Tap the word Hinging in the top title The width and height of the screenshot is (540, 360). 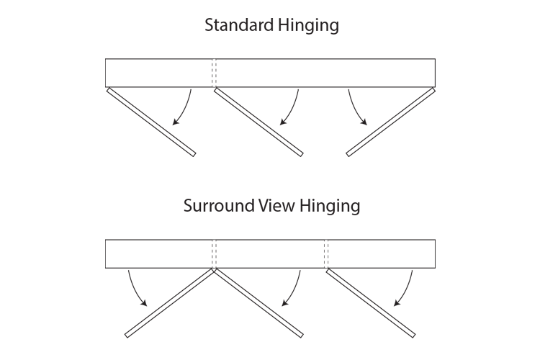(x=309, y=26)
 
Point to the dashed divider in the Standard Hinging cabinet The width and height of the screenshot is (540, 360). (x=214, y=73)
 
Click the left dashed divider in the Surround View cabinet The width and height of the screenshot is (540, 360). (x=214, y=254)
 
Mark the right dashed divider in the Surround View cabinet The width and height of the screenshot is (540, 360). (x=326, y=254)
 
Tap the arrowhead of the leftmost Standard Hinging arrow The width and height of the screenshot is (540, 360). (x=175, y=122)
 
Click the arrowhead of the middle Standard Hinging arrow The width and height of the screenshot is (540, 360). (x=283, y=122)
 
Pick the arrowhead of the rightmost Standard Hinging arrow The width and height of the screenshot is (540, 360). (x=364, y=122)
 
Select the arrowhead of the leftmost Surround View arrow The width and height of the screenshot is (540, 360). (x=143, y=303)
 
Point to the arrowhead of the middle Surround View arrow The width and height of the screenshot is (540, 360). (x=284, y=303)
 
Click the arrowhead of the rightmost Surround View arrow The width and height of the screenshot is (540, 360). (x=397, y=303)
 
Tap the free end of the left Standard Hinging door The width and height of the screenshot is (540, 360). (x=194, y=154)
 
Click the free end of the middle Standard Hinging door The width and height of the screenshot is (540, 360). (x=302, y=154)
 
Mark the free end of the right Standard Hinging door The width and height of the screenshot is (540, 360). (x=348, y=154)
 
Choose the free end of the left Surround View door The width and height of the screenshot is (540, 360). (x=127, y=335)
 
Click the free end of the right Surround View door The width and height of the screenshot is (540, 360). (x=413, y=335)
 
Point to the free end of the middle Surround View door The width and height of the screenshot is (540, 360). (x=302, y=335)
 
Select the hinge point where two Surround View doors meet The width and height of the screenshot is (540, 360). (x=214, y=270)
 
